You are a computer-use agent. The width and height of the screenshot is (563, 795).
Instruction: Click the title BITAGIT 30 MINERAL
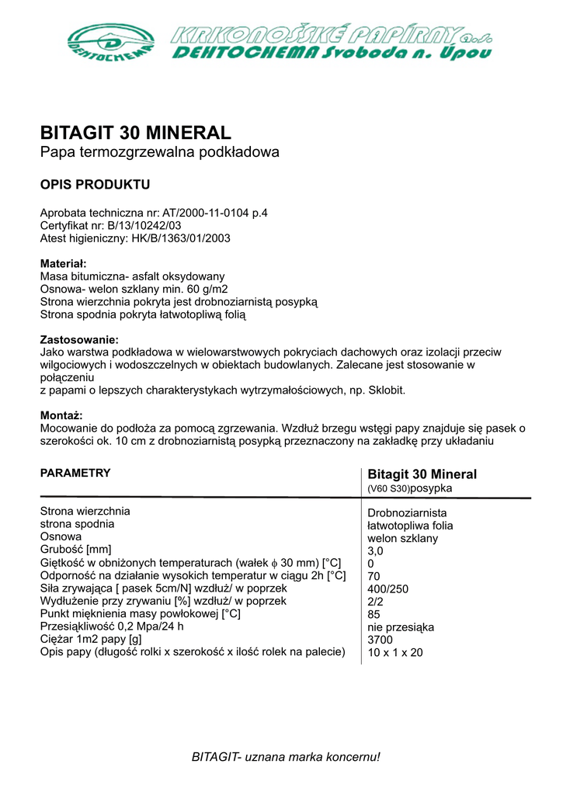point(135,132)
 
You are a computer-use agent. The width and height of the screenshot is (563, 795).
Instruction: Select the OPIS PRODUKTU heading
point(95,185)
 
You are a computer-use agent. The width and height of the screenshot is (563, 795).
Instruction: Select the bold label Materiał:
point(63,264)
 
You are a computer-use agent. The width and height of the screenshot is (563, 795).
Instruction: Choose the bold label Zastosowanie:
point(79,339)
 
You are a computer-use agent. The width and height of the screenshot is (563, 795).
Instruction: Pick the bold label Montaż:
point(61,415)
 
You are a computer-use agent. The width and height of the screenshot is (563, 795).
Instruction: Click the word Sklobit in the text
point(384,390)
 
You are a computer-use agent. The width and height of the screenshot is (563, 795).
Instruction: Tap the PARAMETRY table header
point(75,473)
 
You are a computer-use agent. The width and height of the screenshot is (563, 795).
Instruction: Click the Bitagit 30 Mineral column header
point(422,474)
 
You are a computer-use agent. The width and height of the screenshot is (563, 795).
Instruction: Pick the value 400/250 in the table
point(388,589)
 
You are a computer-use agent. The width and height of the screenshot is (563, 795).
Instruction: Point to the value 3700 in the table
point(380,640)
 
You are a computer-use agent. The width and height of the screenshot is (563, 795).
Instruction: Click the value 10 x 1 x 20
point(395,653)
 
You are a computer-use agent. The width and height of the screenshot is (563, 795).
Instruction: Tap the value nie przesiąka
point(401,627)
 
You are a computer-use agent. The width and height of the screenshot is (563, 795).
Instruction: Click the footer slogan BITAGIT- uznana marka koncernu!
point(287,756)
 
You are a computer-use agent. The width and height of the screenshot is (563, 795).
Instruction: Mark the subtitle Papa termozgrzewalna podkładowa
point(159,153)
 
